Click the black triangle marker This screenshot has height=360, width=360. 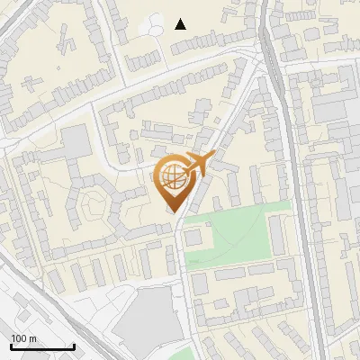(x=181, y=24)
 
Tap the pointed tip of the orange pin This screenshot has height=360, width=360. (x=173, y=211)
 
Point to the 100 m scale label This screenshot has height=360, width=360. (x=24, y=338)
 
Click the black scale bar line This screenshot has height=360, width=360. (x=42, y=347)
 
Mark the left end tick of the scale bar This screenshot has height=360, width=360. (x=11, y=346)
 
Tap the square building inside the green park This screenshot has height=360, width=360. (x=194, y=238)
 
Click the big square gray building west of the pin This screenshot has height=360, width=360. (x=76, y=140)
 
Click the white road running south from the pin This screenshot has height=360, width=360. (x=185, y=270)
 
